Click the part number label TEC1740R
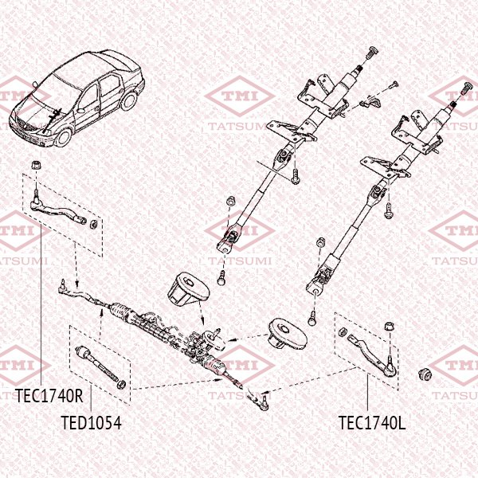(x=49, y=394)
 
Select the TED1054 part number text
(x=92, y=422)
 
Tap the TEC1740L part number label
(x=372, y=422)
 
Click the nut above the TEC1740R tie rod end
(x=36, y=165)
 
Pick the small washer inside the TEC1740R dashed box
(x=96, y=223)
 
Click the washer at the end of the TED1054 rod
(x=121, y=386)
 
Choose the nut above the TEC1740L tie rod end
(x=389, y=325)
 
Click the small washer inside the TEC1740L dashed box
(x=341, y=332)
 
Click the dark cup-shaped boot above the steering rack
(x=186, y=287)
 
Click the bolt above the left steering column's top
(x=368, y=56)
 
